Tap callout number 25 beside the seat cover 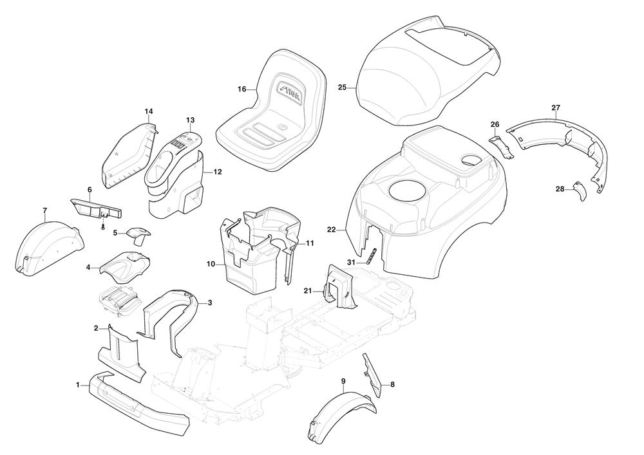click(x=342, y=87)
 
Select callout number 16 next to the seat click(x=241, y=89)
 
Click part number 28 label click(x=560, y=189)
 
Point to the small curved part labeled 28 click(x=579, y=190)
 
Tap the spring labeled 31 click(x=372, y=255)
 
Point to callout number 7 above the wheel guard click(x=45, y=210)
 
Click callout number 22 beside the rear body click(x=332, y=230)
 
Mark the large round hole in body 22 click(x=407, y=193)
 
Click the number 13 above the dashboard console click(x=190, y=120)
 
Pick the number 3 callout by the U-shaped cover click(x=210, y=302)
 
